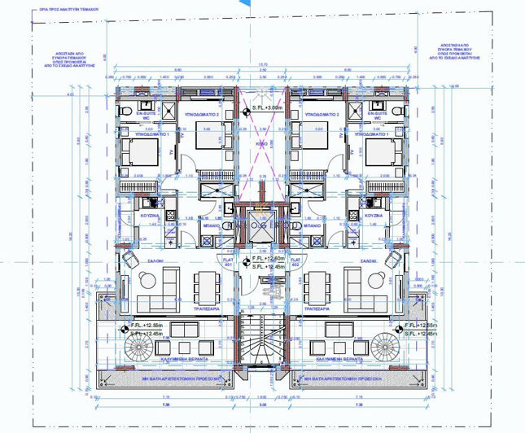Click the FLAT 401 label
pyautogui.click(x=229, y=263)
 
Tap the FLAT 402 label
pyautogui.click(x=295, y=263)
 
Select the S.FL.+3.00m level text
pyautogui.click(x=266, y=107)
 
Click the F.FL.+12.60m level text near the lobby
pyautogui.click(x=268, y=259)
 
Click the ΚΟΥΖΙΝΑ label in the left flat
pyautogui.click(x=149, y=215)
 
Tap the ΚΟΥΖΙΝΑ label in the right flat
pyautogui.click(x=374, y=215)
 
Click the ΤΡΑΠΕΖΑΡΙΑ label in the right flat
pyautogui.click(x=315, y=309)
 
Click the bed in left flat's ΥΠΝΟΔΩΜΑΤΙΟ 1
pyautogui.click(x=139, y=151)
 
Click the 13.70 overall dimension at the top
pyautogui.click(x=262, y=64)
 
